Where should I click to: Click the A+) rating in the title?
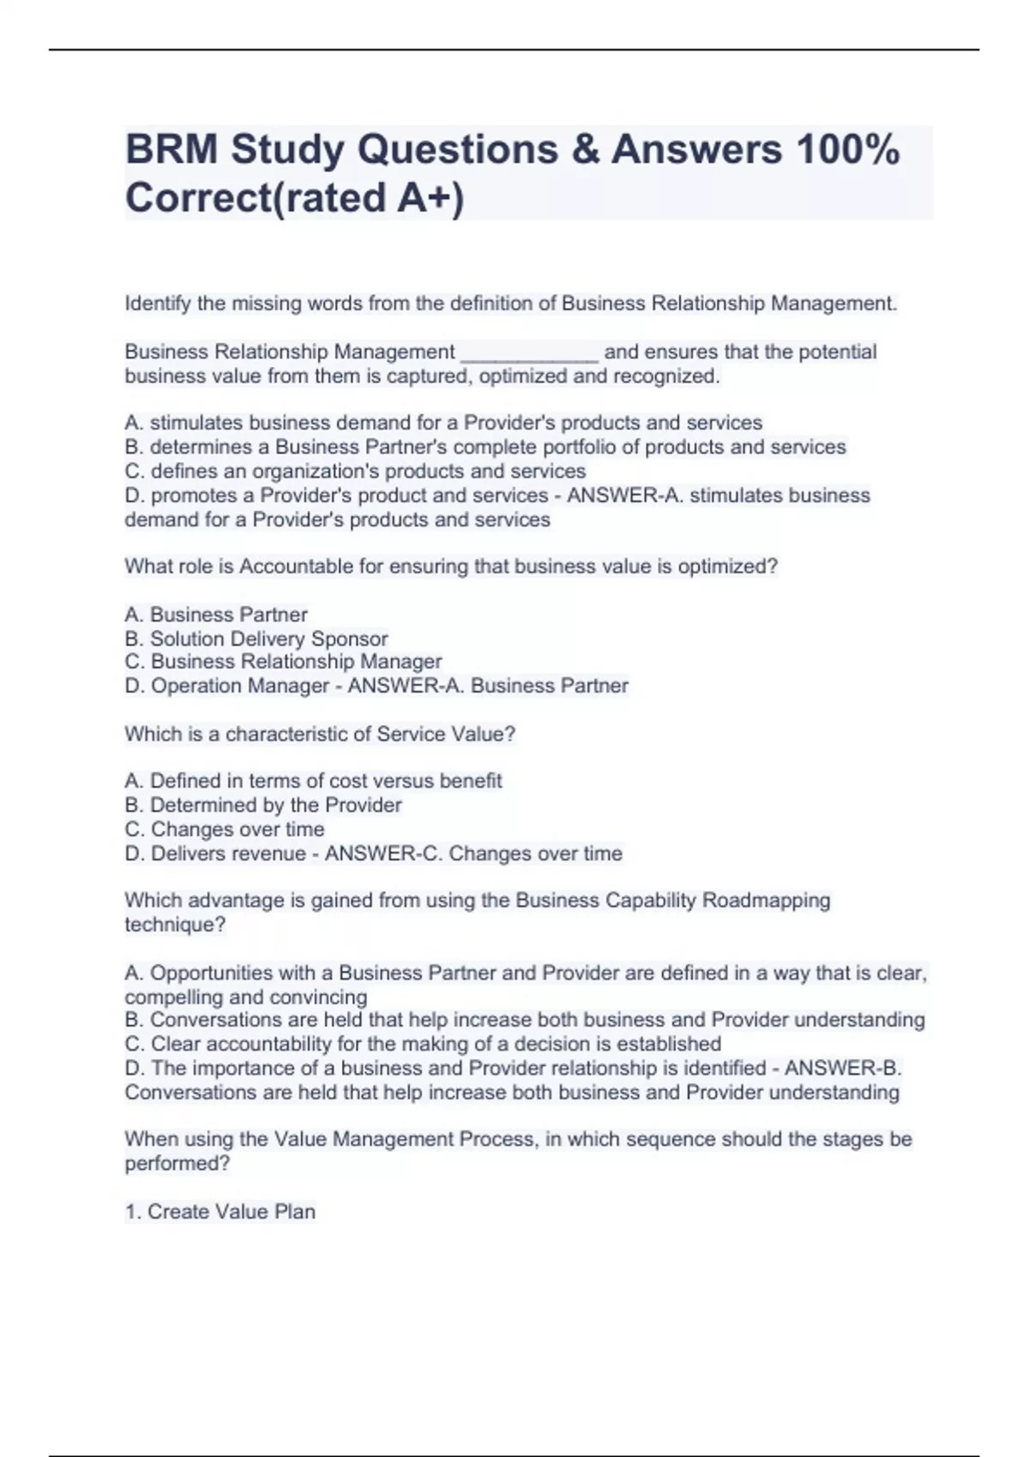point(430,198)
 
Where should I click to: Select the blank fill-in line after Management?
point(529,353)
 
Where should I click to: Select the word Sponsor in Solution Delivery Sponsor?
point(349,639)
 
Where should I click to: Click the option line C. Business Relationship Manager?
point(283,662)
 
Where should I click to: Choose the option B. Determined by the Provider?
point(263,805)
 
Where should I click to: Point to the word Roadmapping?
point(766,901)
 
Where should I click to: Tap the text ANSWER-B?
point(842,1068)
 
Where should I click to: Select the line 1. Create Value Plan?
point(220,1212)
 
